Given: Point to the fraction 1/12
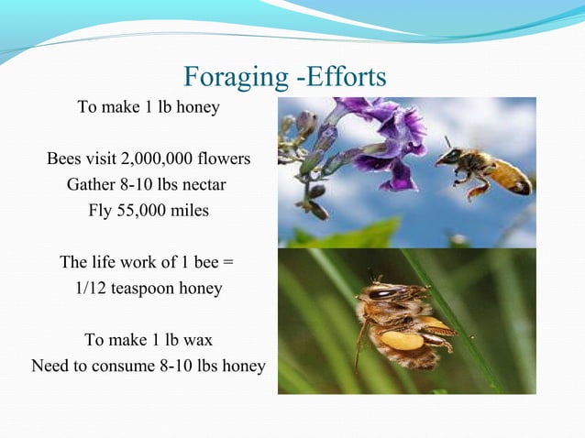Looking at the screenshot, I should pos(92,289).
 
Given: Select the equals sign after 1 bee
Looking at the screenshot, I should pos(228,263).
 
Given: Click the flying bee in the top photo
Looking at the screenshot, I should pos(480,170).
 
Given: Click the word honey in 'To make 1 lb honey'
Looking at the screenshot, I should pos(199,107).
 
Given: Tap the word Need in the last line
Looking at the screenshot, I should pos(50,367).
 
